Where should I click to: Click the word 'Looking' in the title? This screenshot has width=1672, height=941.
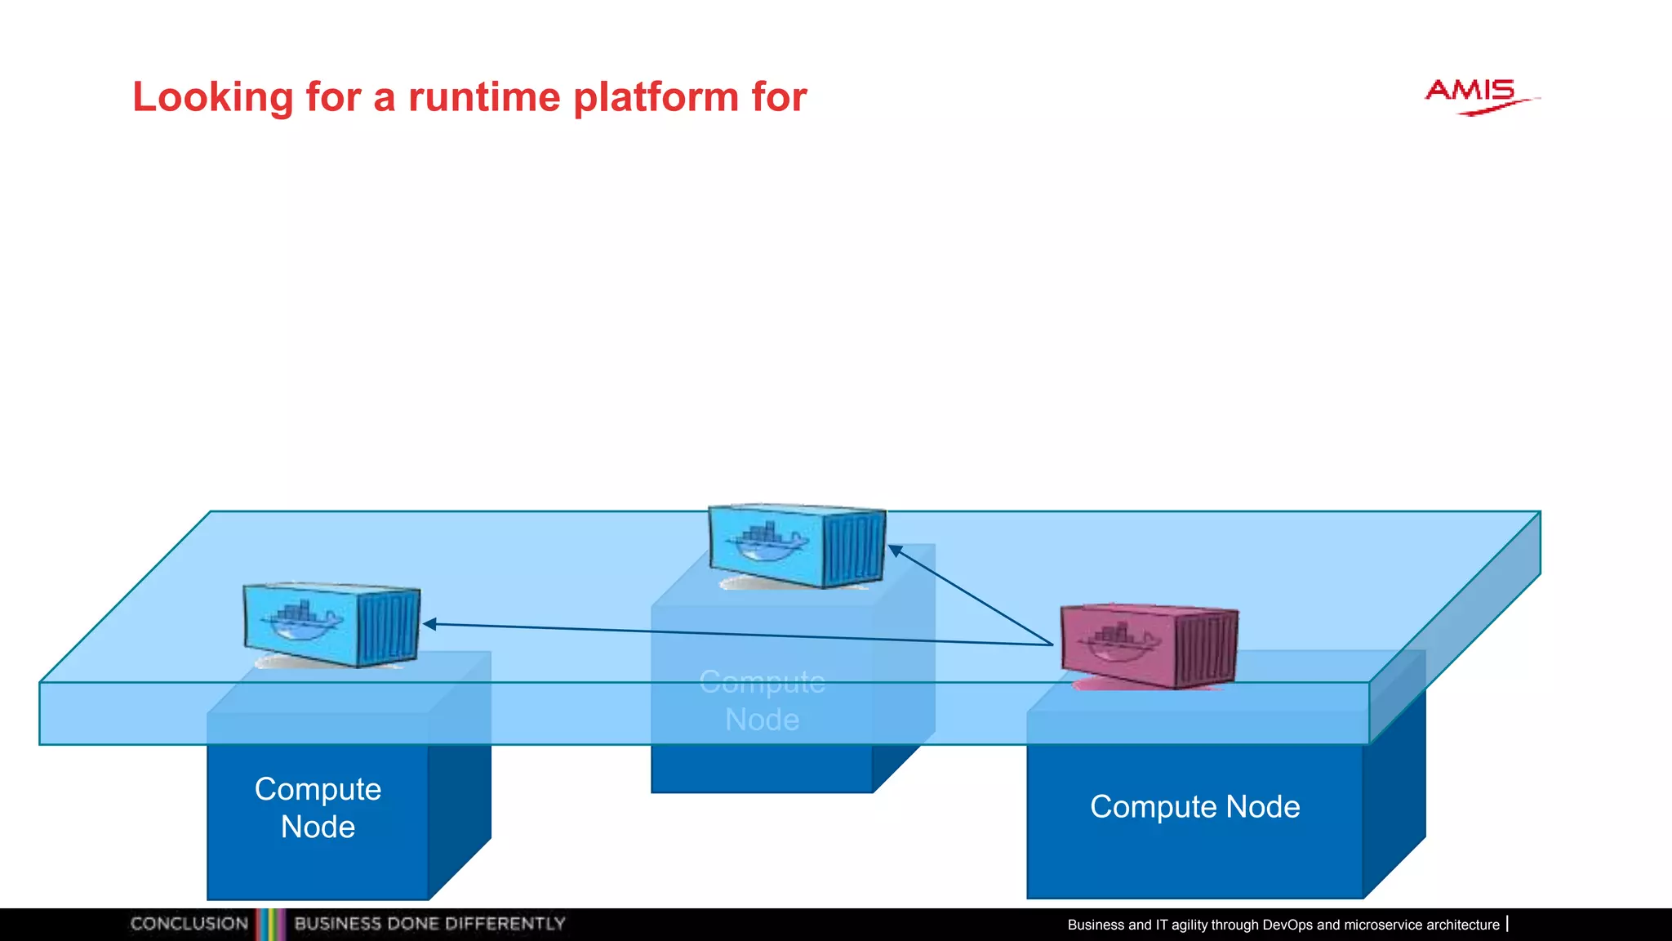point(213,98)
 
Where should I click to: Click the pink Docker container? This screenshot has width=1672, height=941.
point(1148,646)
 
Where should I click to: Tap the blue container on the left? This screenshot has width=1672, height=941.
point(331,625)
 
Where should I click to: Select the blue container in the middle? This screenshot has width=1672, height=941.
point(796,546)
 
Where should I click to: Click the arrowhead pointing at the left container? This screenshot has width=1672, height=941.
point(429,624)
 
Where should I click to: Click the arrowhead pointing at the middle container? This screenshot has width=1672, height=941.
point(895,551)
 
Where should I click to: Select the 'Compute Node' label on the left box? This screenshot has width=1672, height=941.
point(318,808)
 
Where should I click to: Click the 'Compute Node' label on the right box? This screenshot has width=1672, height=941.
point(1194,807)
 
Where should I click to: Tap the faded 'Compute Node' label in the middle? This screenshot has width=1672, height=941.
point(762,701)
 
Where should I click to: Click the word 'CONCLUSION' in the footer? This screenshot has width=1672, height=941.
point(189,924)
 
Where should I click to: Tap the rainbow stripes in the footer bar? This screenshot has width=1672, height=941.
point(271,924)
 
